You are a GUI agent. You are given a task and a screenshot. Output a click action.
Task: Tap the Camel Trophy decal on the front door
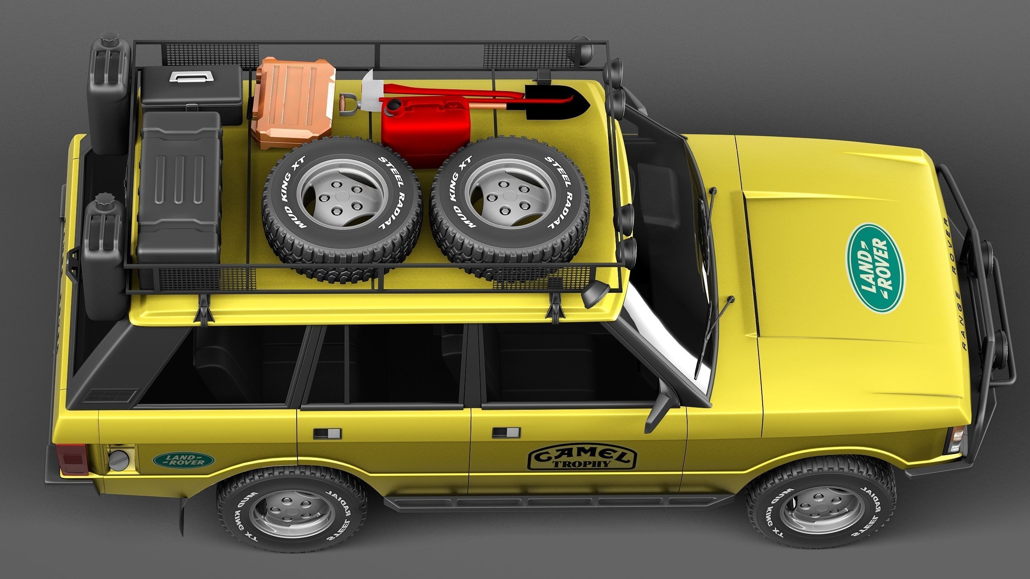tap(582, 458)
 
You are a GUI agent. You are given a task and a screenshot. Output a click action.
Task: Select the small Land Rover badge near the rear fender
tap(184, 460)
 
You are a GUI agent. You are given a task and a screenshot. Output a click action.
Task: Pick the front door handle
tap(506, 433)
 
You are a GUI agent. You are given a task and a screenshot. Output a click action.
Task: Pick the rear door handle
tap(327, 434)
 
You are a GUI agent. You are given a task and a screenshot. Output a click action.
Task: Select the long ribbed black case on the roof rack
tap(179, 187)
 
